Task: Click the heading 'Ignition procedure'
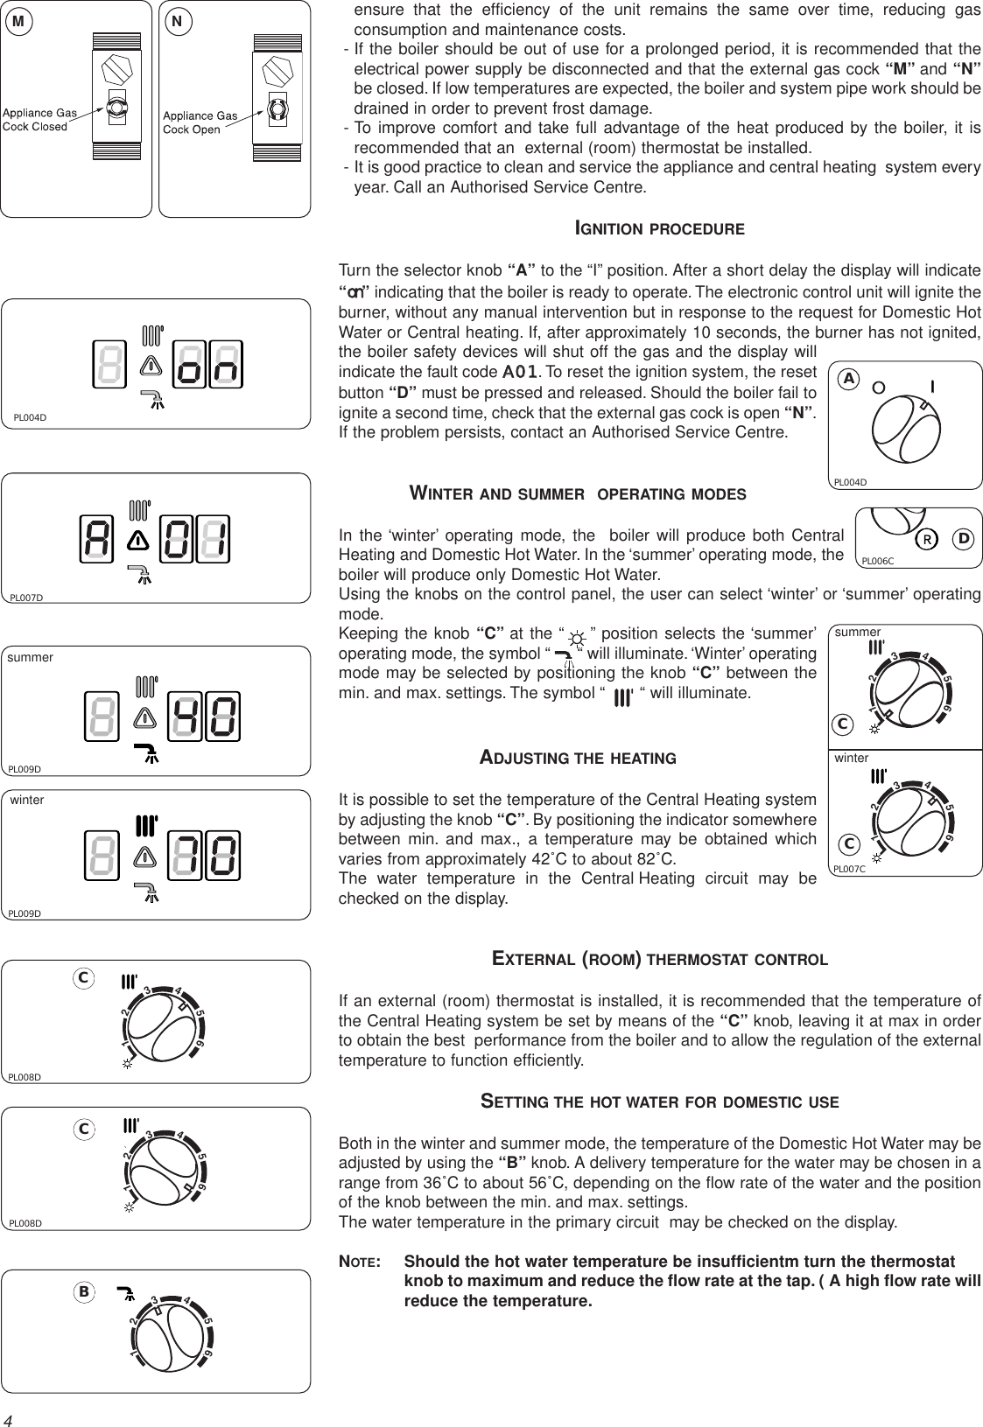pos(658,229)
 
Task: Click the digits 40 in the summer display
pos(207,715)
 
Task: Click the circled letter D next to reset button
pos(963,538)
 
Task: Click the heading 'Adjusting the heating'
pos(578,758)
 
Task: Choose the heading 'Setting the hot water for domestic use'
pos(660,1102)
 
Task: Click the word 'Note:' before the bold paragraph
pos(359,1263)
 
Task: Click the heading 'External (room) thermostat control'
pos(660,959)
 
